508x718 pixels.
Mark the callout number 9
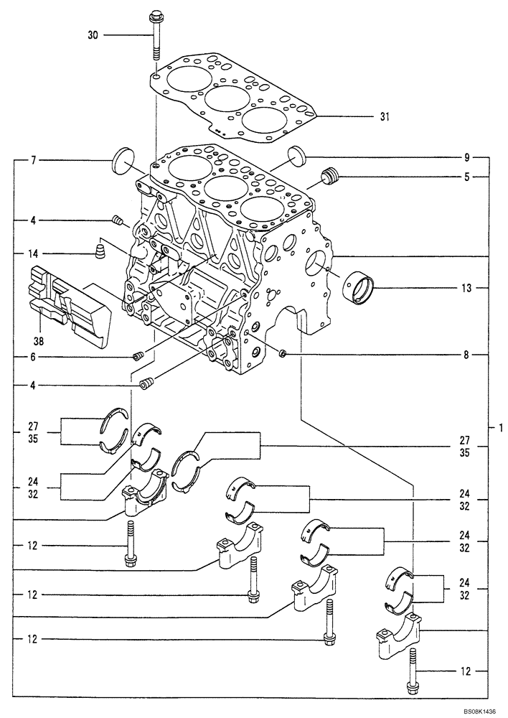pos(466,157)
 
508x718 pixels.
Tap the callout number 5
pos(466,177)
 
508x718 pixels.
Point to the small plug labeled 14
pos(100,251)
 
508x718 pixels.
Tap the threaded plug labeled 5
pos(330,177)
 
